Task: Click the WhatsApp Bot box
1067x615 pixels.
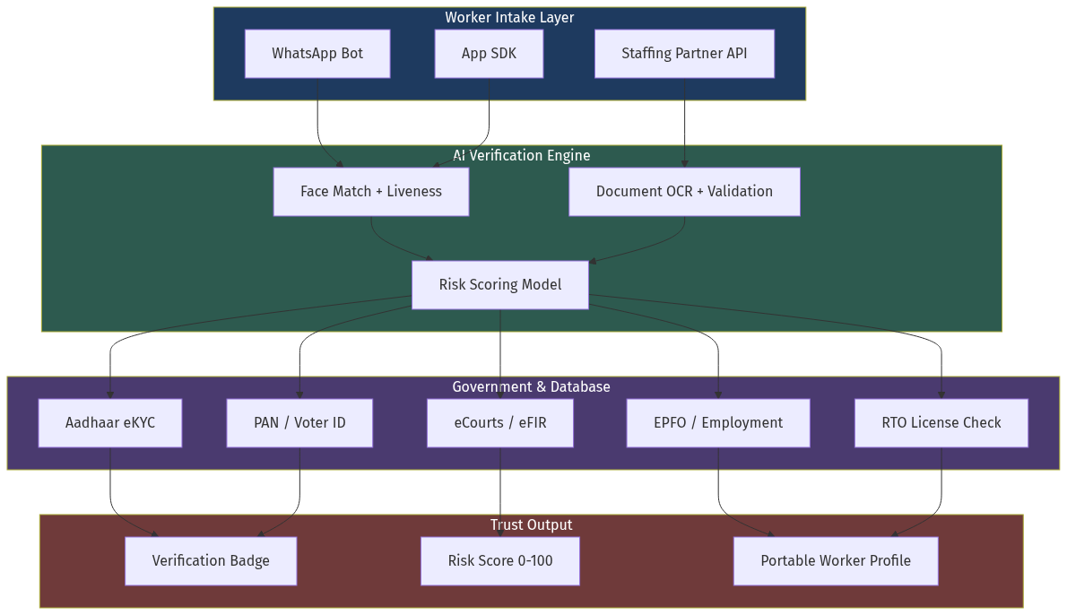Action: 317,54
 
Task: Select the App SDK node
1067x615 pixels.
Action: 489,54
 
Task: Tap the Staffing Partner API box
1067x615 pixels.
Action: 684,54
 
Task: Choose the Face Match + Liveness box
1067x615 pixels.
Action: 371,192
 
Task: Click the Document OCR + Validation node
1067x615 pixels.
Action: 684,192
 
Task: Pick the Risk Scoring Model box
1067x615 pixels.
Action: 500,285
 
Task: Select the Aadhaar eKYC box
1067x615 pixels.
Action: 110,423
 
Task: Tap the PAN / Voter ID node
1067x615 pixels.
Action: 299,423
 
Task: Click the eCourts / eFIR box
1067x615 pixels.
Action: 500,423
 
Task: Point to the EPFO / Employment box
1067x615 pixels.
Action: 718,423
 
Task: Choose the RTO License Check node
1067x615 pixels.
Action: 941,423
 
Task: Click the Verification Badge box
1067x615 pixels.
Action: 211,561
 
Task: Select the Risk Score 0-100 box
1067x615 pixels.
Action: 500,561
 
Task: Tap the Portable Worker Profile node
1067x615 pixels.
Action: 836,561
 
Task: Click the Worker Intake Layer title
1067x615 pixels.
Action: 509,18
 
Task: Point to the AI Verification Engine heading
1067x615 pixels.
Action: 522,156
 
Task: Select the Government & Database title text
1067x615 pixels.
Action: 531,387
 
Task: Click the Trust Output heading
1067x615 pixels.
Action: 531,525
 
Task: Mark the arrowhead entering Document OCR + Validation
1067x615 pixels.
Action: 685,164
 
